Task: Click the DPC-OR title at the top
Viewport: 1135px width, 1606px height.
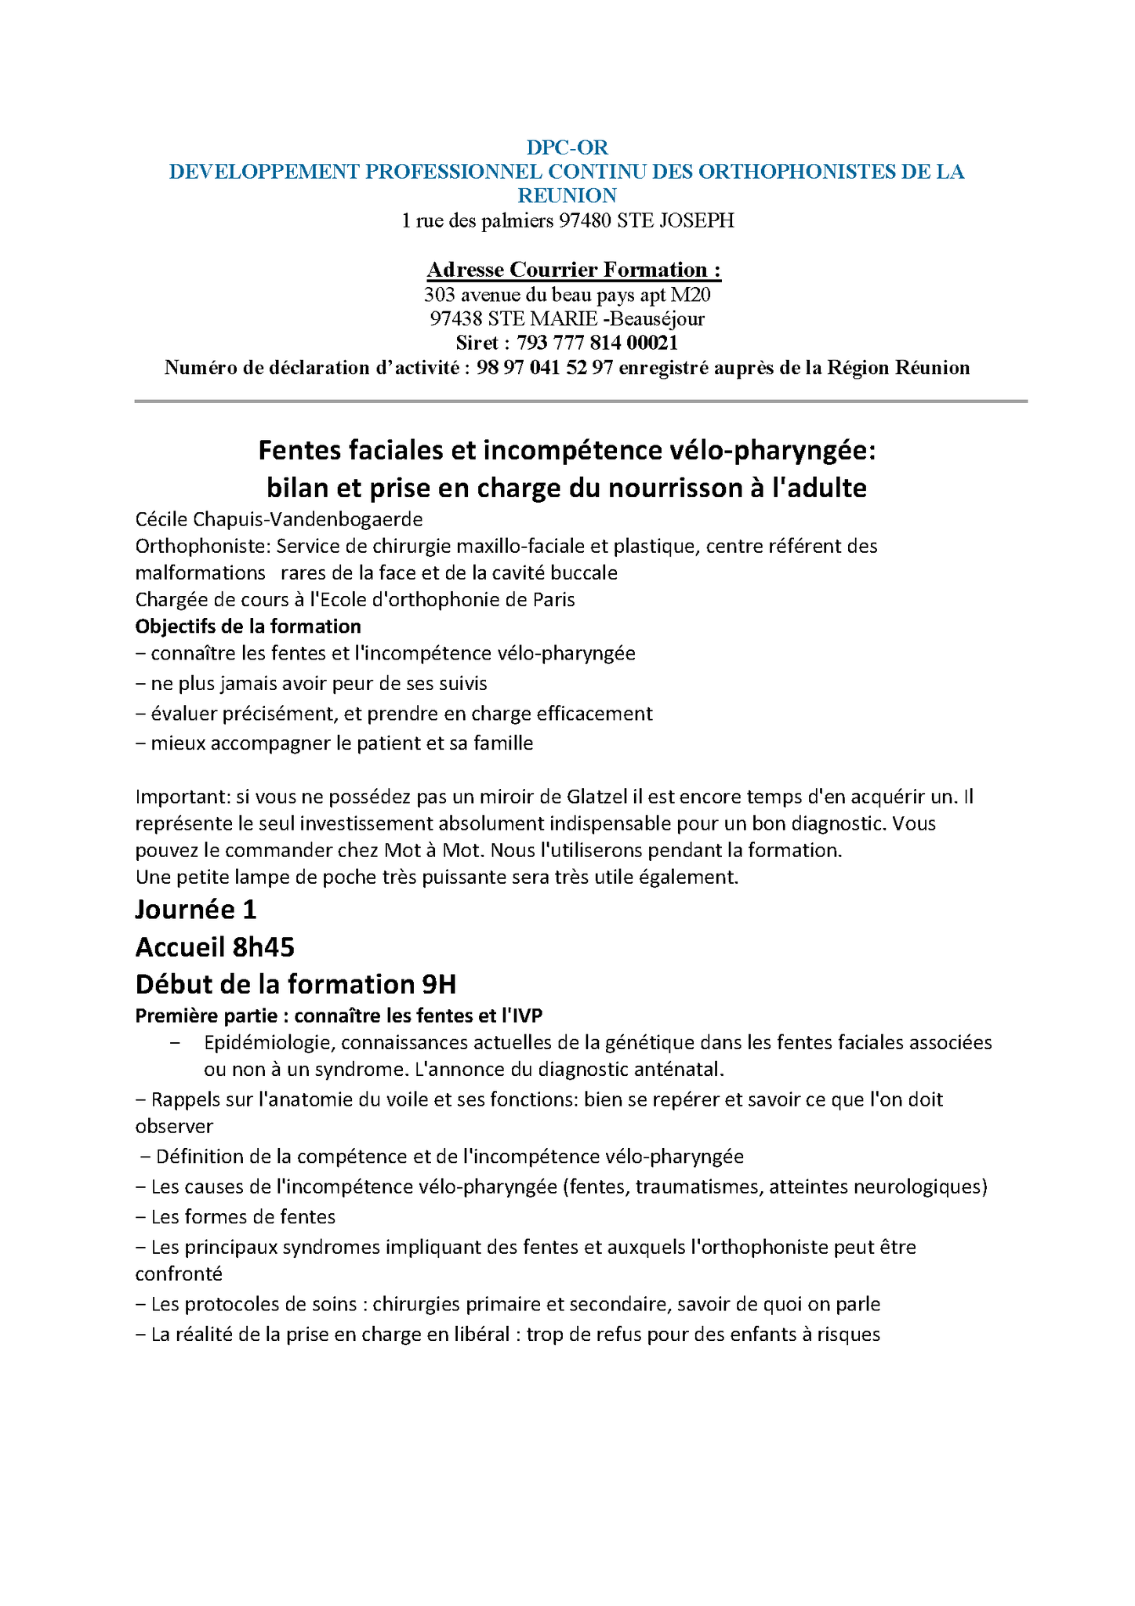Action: pyautogui.click(x=567, y=147)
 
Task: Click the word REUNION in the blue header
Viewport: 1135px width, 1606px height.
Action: pyautogui.click(x=567, y=195)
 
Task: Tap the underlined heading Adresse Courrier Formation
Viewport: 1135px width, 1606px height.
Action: pyautogui.click(x=574, y=270)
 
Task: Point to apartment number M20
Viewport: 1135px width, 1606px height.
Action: pyautogui.click(x=691, y=295)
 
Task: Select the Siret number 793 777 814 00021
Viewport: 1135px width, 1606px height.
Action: pyautogui.click(x=597, y=343)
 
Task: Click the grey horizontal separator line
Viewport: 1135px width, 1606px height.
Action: pyautogui.click(x=580, y=401)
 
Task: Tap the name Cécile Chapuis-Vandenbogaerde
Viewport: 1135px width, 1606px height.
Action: pyautogui.click(x=279, y=519)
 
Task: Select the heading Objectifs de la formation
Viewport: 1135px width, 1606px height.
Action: pyautogui.click(x=248, y=627)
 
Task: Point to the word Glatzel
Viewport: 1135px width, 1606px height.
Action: pyautogui.click(x=597, y=798)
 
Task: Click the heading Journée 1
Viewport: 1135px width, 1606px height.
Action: pyautogui.click(x=196, y=910)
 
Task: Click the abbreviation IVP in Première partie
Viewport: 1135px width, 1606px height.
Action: pyautogui.click(x=526, y=1016)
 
